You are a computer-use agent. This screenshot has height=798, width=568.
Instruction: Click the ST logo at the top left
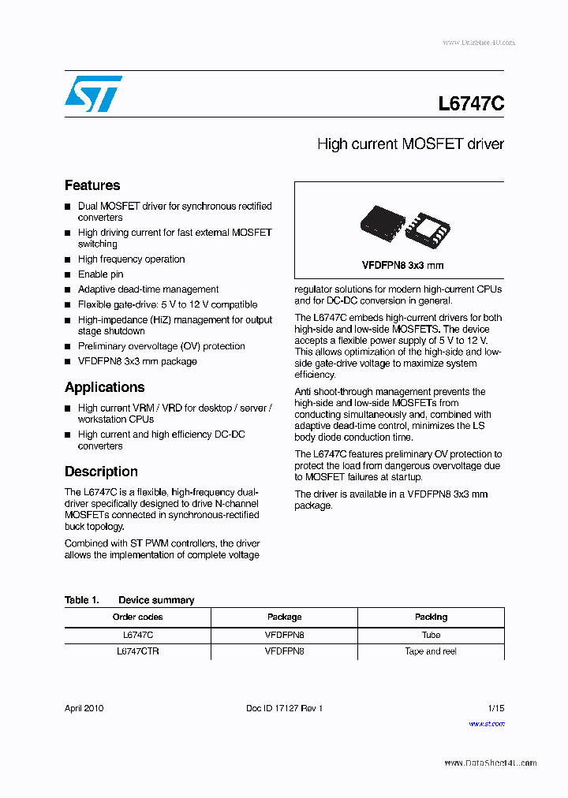[93, 94]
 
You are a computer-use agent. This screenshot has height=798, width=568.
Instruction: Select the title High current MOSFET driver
[410, 144]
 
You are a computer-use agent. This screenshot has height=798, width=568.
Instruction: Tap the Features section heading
[92, 185]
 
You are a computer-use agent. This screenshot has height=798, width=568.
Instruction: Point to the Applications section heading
[104, 387]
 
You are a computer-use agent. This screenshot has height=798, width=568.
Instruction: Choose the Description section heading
[101, 472]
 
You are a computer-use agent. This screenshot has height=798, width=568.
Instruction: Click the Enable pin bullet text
[100, 274]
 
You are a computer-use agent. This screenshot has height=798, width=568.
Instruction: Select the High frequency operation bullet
[131, 259]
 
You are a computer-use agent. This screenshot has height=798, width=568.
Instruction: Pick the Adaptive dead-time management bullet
[148, 289]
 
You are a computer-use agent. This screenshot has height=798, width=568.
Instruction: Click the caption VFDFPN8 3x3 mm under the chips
[402, 266]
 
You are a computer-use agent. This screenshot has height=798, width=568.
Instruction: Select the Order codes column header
[137, 617]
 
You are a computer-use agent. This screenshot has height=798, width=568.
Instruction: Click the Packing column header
[431, 617]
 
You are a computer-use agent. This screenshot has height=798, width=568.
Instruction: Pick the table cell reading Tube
[431, 635]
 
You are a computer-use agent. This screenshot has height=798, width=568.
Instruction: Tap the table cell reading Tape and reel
[431, 651]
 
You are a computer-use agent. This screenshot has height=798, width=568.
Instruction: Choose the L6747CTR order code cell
[137, 651]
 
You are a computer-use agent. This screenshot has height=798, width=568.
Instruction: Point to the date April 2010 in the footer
[84, 708]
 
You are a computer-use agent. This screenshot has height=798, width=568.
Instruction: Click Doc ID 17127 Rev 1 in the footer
[284, 708]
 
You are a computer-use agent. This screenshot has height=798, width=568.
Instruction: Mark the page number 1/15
[495, 708]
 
